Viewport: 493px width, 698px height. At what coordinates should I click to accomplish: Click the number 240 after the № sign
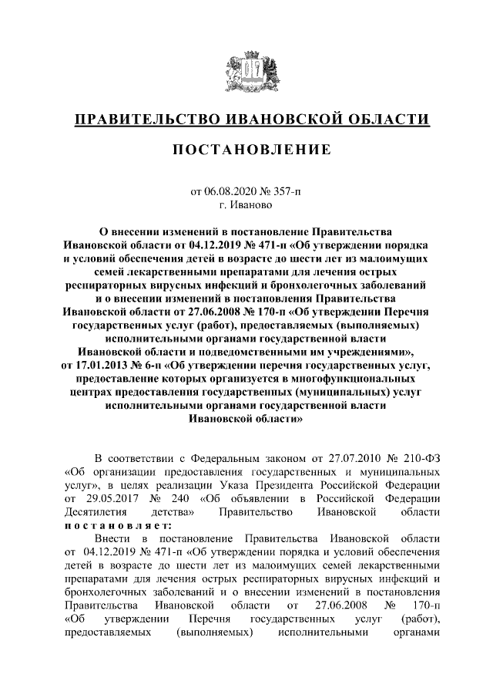point(164,497)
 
